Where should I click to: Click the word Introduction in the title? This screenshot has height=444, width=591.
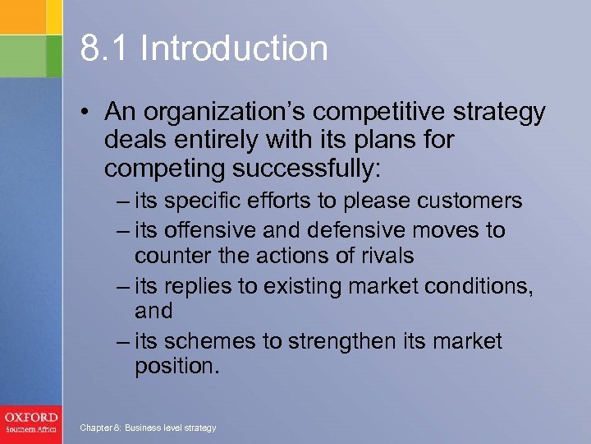(x=234, y=49)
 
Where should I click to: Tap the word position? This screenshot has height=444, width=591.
(x=175, y=366)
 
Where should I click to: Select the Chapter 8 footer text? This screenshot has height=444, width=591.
(x=147, y=428)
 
